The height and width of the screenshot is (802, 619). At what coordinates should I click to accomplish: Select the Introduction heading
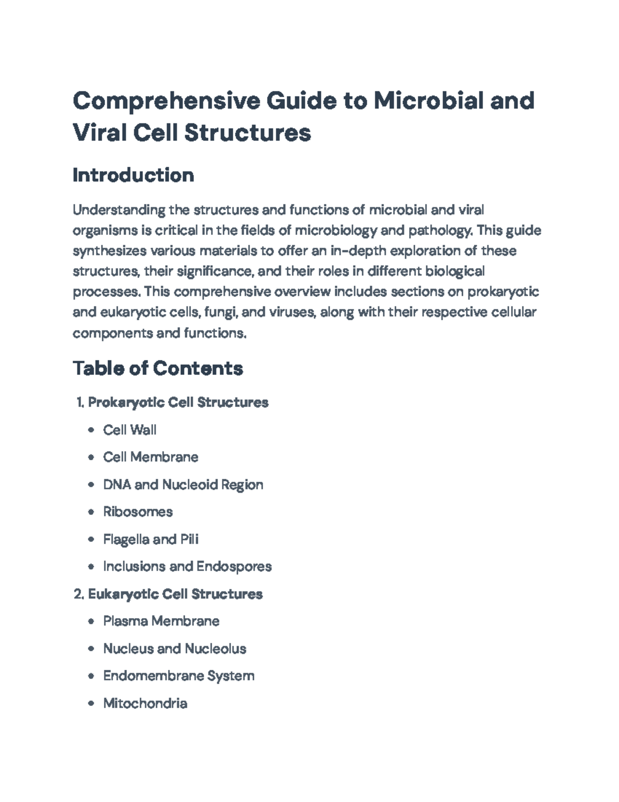tap(133, 175)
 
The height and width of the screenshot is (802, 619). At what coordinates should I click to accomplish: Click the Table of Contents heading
tap(158, 368)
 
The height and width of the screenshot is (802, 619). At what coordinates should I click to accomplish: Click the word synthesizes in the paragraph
tap(109, 251)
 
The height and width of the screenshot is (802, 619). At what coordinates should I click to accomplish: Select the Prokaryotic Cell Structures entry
tap(178, 402)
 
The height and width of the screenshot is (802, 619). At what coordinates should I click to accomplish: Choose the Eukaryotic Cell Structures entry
tap(175, 594)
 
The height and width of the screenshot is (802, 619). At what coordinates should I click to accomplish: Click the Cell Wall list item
tap(129, 430)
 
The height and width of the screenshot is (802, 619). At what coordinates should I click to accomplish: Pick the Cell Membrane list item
tap(151, 457)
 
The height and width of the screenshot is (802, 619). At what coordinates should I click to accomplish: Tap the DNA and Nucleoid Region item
tap(183, 484)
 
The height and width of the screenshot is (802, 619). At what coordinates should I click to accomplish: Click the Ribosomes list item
tap(138, 512)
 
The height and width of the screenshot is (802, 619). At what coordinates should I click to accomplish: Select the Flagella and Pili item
tap(151, 539)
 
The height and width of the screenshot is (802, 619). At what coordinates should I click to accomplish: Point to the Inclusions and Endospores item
tap(187, 567)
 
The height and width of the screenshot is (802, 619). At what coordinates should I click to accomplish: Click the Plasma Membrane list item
tap(161, 621)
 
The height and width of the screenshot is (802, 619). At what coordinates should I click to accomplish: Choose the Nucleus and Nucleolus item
tap(174, 648)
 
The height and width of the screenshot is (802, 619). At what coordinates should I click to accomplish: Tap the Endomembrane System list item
tap(178, 675)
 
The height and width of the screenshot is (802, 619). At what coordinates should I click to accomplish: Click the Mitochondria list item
tap(145, 703)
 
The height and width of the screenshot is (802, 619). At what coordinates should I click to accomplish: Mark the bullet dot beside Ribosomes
tap(91, 512)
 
